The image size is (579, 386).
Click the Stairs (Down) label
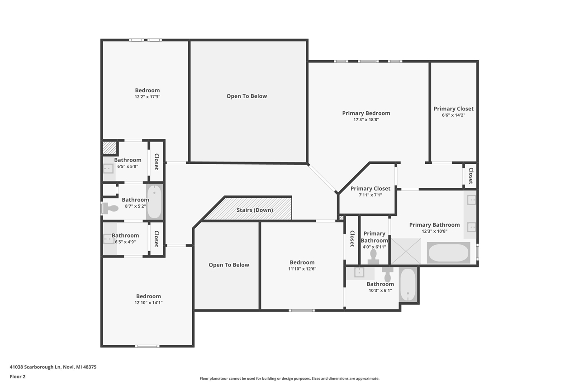coord(255,210)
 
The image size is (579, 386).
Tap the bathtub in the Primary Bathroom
coord(448,253)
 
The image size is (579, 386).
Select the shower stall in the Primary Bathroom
coord(406,251)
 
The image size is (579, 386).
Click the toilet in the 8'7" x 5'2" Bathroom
coord(110,208)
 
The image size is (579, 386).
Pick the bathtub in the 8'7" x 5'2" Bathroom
coord(154,202)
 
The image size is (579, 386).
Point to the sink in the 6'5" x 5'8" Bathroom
coord(108,169)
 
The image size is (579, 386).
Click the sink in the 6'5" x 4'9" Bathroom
coord(108,239)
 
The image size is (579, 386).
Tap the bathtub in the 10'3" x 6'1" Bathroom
coord(408,285)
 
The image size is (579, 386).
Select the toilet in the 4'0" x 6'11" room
coord(374,257)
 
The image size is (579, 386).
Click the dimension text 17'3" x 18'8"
coord(366,120)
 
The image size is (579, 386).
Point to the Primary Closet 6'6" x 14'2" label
coord(453,109)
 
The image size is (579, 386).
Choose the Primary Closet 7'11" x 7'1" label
coord(370,189)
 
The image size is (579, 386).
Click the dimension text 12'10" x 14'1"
coord(148,303)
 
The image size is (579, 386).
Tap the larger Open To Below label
coord(247,96)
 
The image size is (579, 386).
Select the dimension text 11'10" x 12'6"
coord(302,269)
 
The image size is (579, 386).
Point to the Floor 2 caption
coord(18,376)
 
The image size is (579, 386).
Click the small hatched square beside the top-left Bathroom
coord(109,148)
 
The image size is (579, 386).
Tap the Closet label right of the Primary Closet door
coord(470,176)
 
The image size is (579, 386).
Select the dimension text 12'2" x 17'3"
coord(147,97)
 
